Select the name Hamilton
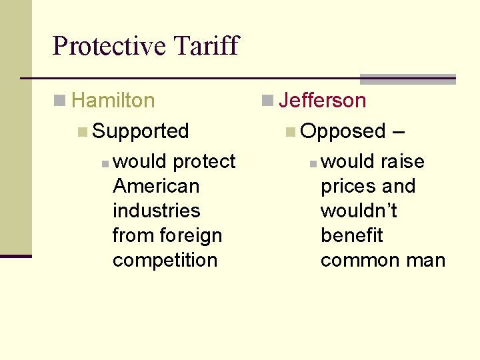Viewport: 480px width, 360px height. pyautogui.click(x=113, y=101)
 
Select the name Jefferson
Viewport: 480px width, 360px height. pyautogui.click(x=323, y=101)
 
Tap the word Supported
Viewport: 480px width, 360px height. pyautogui.click(x=141, y=131)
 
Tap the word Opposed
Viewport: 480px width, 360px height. pyautogui.click(x=343, y=131)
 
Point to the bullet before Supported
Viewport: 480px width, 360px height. pyautogui.click(x=82, y=132)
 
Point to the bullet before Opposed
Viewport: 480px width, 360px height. pyautogui.click(x=290, y=132)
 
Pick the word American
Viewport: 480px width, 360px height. pyautogui.click(x=156, y=186)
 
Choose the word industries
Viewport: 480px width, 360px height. pyautogui.click(x=156, y=211)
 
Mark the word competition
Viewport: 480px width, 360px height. pyautogui.click(x=165, y=260)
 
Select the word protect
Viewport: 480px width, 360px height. pyautogui.click(x=204, y=162)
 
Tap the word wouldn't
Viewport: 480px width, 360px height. pyautogui.click(x=359, y=211)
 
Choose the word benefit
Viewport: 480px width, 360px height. pyautogui.click(x=351, y=235)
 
